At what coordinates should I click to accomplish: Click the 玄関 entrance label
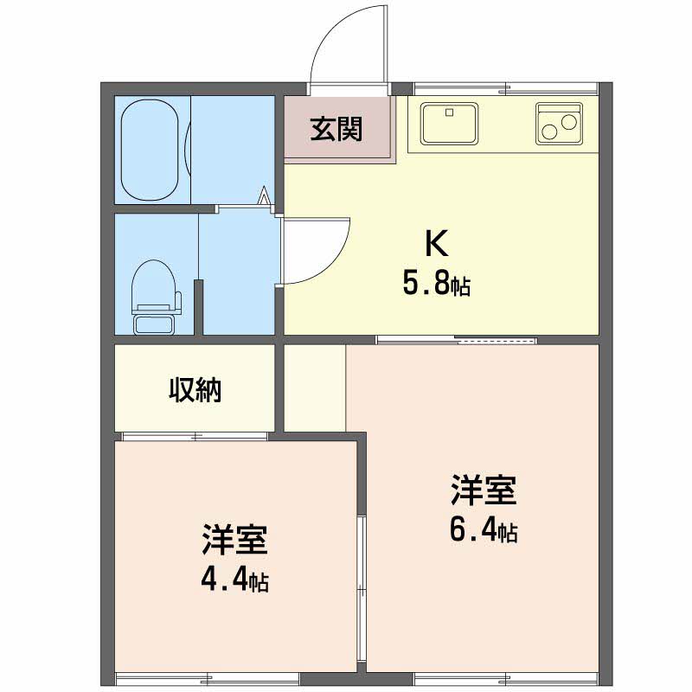tap(336, 129)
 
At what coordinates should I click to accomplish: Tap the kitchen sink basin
tap(449, 124)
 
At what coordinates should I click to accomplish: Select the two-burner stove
tap(559, 124)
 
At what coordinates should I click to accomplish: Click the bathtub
tap(150, 150)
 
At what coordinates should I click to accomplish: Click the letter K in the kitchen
tap(437, 244)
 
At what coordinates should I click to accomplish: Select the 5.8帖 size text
tap(436, 284)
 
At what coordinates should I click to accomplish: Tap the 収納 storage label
tap(195, 389)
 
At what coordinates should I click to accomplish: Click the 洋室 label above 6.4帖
tap(484, 490)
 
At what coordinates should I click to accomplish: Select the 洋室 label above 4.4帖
tap(234, 539)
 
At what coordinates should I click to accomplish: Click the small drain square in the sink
tap(449, 112)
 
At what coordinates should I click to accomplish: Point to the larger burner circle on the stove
tap(549, 132)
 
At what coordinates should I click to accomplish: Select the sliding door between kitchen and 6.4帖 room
tap(457, 340)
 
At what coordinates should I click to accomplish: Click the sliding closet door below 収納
tap(195, 437)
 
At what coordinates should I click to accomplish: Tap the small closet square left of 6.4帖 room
tap(315, 388)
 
